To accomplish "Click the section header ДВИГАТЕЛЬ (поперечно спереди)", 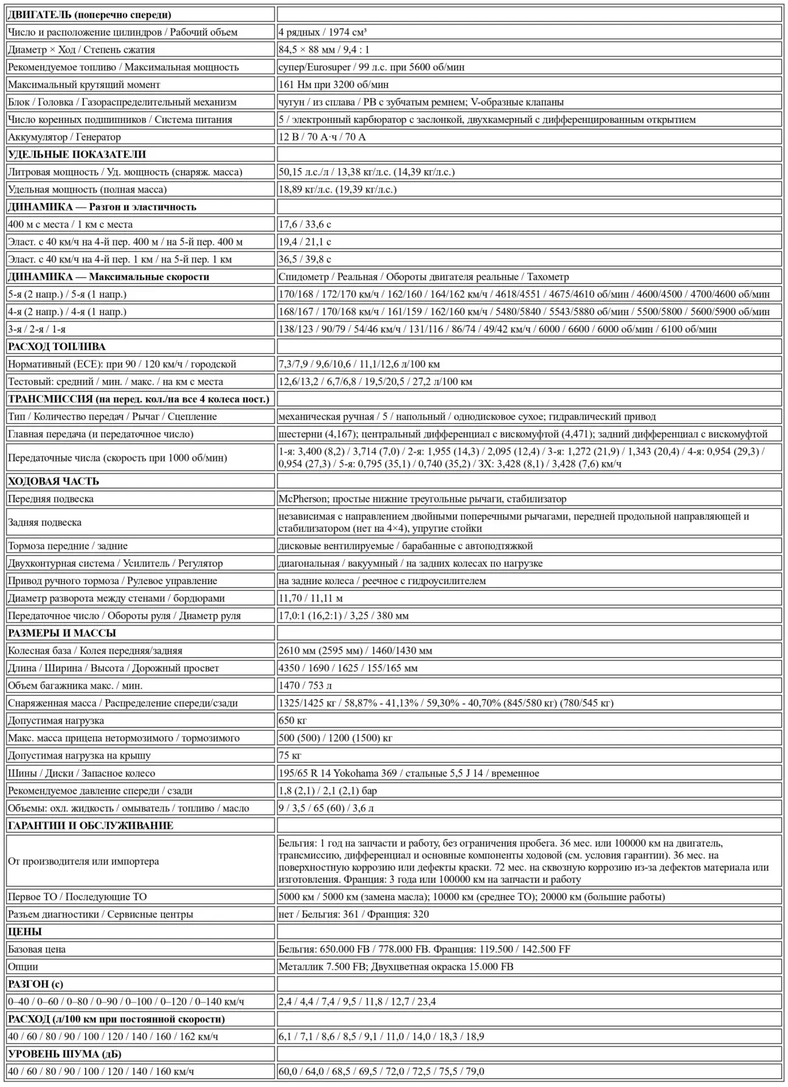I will click(x=89, y=15).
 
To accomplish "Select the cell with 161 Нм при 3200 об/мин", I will click(x=333, y=85).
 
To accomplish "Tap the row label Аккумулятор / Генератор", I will click(x=64, y=137).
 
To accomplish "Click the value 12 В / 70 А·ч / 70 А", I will click(x=322, y=137).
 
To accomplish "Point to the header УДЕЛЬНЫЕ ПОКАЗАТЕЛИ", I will click(x=77, y=154).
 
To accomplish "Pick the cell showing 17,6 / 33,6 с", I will click(x=305, y=224).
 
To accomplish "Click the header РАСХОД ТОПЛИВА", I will click(x=57, y=347).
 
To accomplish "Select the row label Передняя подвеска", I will click(x=51, y=499).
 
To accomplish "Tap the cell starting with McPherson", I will click(x=422, y=499).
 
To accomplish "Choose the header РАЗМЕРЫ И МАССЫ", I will click(x=62, y=633).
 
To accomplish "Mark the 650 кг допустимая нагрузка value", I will click(x=292, y=720).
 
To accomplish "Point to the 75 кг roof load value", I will click(x=290, y=756).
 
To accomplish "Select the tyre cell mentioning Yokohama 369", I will click(x=409, y=773).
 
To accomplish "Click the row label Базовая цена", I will click(x=37, y=949).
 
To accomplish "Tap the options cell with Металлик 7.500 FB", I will click(x=396, y=967).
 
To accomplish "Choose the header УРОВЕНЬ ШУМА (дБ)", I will click(x=64, y=1054).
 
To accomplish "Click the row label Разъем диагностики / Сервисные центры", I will click(x=100, y=914).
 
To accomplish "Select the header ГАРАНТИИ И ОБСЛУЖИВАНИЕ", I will click(x=91, y=826).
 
